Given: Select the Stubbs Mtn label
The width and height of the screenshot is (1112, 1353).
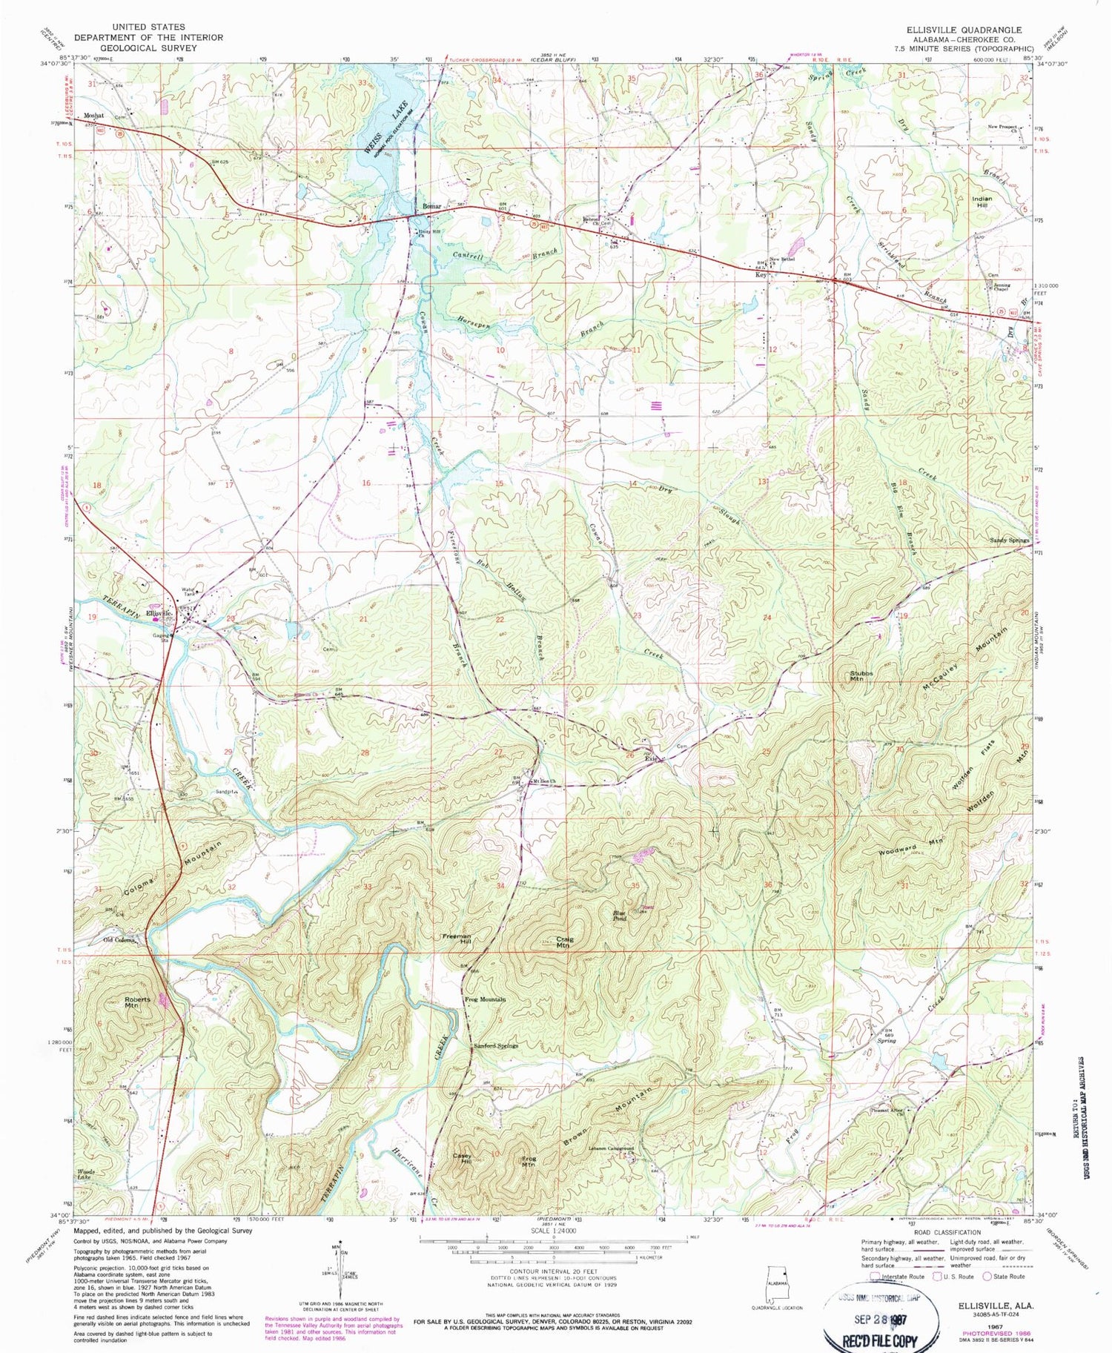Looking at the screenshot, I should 861,675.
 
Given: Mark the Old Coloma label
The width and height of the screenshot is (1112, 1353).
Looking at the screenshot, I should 119,940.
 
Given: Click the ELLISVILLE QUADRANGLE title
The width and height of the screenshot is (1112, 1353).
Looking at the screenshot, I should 964,30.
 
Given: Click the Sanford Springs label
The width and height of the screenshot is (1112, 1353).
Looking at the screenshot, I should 496,1045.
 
